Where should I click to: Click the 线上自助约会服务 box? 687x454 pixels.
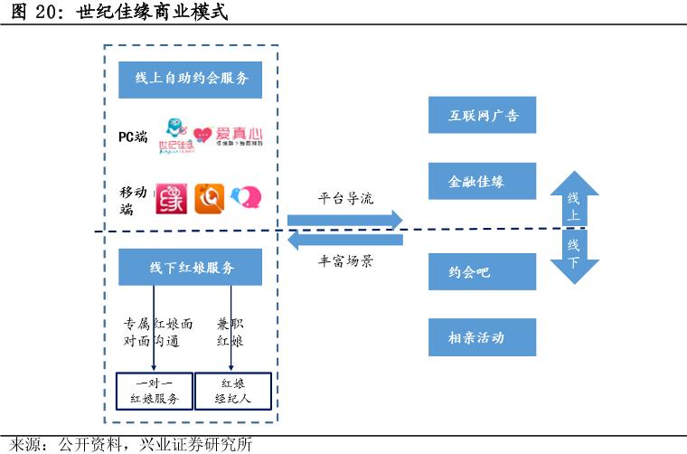click(190, 79)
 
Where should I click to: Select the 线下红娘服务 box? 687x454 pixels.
click(190, 268)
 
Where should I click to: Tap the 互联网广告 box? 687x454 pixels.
click(482, 116)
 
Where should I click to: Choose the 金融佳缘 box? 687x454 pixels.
click(482, 181)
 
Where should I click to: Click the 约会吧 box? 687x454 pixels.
click(482, 271)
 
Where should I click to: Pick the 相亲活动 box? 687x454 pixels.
click(482, 337)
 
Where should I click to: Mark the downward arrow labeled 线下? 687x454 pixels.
click(574, 255)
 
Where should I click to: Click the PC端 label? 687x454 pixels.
click(133, 137)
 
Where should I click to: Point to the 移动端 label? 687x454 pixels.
click(133, 200)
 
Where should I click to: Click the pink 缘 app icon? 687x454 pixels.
click(171, 199)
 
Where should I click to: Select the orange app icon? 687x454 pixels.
click(210, 199)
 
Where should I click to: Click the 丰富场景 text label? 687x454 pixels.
click(345, 261)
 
